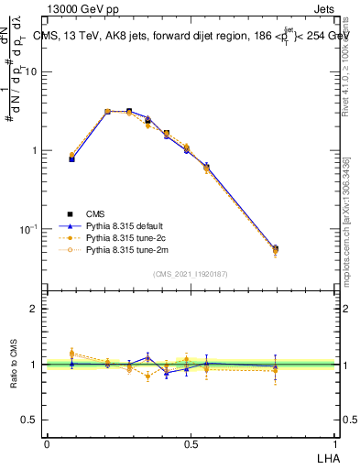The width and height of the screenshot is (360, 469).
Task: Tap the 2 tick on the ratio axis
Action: [35, 309]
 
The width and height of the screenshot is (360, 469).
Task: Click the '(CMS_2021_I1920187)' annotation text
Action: [191, 272]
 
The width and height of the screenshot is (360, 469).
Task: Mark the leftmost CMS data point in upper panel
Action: [72, 158]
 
